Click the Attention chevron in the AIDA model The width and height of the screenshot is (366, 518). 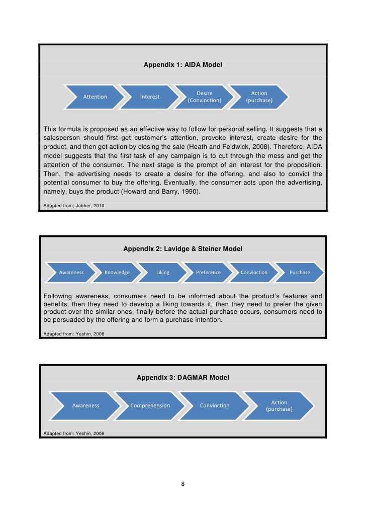click(x=95, y=97)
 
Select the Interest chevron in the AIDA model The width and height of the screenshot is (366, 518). click(x=150, y=97)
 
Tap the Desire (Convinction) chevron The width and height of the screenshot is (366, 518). click(x=205, y=97)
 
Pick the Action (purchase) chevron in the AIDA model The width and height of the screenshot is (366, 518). click(x=259, y=97)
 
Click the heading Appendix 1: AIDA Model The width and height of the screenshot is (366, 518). click(x=183, y=65)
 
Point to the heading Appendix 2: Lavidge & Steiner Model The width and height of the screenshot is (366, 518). click(x=183, y=248)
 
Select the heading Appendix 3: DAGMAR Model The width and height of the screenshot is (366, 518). click(x=183, y=377)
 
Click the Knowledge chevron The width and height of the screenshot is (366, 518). click(x=117, y=273)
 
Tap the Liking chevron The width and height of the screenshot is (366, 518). click(x=163, y=273)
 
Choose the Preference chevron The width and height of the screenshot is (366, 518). click(x=208, y=273)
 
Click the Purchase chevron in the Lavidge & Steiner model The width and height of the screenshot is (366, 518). click(x=300, y=273)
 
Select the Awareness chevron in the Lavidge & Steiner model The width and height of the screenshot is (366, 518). click(x=71, y=273)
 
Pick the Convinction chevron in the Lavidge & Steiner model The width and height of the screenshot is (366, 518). click(x=254, y=273)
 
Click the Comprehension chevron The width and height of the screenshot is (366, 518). click(x=150, y=405)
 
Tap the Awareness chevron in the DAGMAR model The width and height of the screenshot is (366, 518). click(x=85, y=405)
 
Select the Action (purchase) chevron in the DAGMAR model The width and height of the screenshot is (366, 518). click(x=279, y=405)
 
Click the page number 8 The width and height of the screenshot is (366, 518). click(x=183, y=484)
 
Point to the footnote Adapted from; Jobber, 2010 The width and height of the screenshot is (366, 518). click(x=74, y=206)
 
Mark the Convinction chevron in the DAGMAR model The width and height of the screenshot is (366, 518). click(x=215, y=405)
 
